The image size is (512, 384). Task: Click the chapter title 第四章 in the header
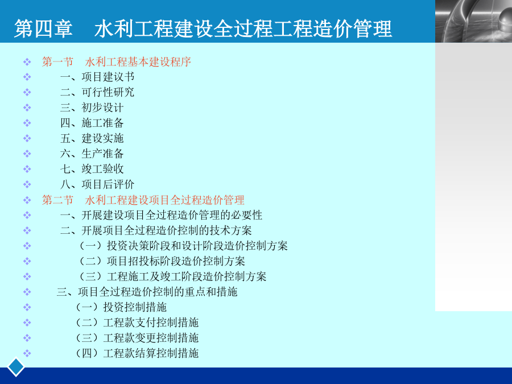(x=43, y=28)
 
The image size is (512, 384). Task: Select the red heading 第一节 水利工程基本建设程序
(x=116, y=61)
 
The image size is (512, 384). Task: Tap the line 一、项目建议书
(x=97, y=77)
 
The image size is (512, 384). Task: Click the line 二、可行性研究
(x=97, y=92)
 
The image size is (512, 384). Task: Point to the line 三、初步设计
(x=92, y=108)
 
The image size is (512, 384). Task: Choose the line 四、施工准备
(x=92, y=123)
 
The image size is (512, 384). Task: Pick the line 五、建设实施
(x=92, y=138)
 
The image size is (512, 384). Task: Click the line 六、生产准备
(x=92, y=154)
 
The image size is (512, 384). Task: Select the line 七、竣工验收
(x=92, y=169)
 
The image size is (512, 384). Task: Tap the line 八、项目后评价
(x=97, y=184)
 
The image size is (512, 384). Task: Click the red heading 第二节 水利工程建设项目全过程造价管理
(x=143, y=200)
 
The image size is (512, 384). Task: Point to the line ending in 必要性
(x=162, y=215)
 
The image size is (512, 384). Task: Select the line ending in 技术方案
(x=156, y=230)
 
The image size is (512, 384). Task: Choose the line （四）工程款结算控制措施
(x=136, y=353)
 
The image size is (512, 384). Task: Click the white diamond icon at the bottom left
(x=16, y=367)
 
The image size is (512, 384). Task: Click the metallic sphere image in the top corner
(x=473, y=21)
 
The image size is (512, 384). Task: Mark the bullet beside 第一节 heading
(x=27, y=61)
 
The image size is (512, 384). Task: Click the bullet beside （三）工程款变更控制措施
(x=27, y=338)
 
